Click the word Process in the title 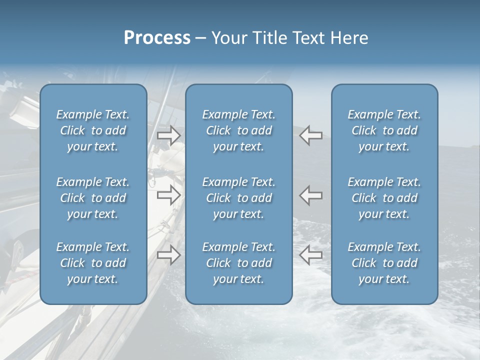coord(157,38)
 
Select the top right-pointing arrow coord(169,135)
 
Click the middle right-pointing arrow coord(169,195)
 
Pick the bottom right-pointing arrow coord(169,255)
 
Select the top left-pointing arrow coord(311,135)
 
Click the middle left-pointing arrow coord(311,195)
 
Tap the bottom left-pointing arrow coord(311,255)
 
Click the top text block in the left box coord(93,130)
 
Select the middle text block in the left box coord(93,198)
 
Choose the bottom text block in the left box coord(93,263)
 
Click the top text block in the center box coord(238,130)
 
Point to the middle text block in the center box coord(238,198)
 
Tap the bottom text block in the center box coord(238,263)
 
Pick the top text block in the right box coord(384,130)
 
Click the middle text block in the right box coord(384,198)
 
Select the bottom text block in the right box coord(384,263)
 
